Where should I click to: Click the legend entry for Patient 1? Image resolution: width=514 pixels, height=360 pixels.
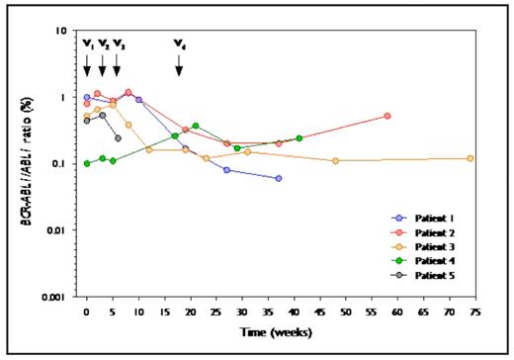coord(436,217)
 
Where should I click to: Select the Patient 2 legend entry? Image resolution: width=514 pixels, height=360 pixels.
coord(436,231)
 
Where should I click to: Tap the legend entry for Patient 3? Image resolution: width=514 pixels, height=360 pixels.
coord(436,245)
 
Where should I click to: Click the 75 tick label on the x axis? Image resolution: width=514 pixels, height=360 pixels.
coord(474,312)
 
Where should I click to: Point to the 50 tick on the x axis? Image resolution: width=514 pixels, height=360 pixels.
coord(345,312)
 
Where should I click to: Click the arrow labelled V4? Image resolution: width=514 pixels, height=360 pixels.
coord(179,64)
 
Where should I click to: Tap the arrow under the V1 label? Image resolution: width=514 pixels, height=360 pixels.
coord(87,64)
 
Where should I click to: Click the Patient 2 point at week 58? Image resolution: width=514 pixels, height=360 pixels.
coord(387,116)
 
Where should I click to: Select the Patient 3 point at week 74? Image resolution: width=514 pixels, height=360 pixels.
coord(470,158)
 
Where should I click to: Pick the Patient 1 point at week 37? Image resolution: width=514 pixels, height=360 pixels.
coord(279,178)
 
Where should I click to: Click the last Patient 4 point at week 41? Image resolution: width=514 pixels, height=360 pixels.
coord(300,138)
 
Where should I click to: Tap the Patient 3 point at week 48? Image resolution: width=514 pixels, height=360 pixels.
coord(336,160)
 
